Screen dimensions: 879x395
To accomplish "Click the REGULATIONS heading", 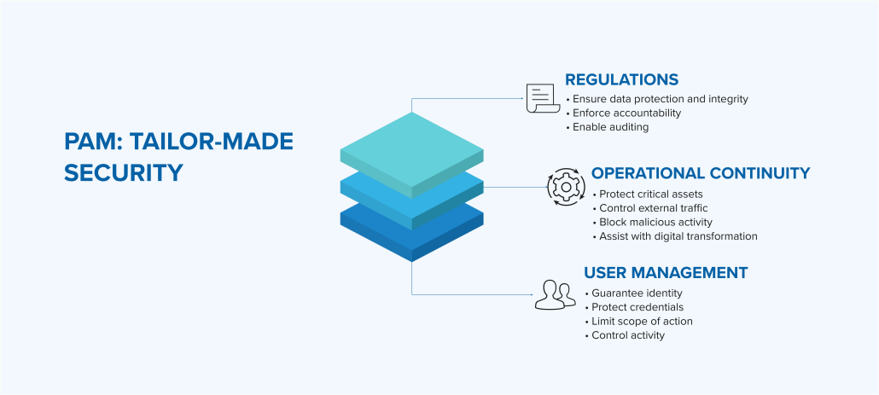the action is pyautogui.click(x=621, y=79).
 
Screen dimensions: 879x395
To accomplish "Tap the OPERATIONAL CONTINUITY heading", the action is pyautogui.click(x=701, y=173).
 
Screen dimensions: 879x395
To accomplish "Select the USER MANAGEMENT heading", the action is pyautogui.click(x=666, y=273).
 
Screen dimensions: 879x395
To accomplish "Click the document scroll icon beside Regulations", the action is pyautogui.click(x=543, y=99).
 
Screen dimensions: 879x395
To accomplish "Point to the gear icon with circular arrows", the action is pyautogui.click(x=566, y=187).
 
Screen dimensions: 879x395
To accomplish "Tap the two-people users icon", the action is pyautogui.click(x=555, y=294).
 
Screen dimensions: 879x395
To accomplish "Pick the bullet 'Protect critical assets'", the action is pyautogui.click(x=648, y=195).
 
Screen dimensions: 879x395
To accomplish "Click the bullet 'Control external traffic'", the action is pyautogui.click(x=650, y=208).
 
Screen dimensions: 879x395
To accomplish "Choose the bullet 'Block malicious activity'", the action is pyautogui.click(x=653, y=223).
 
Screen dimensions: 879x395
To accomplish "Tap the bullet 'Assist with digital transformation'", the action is pyautogui.click(x=675, y=236).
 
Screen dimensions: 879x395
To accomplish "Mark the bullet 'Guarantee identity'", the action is pyautogui.click(x=633, y=293).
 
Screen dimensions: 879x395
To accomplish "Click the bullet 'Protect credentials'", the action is pyautogui.click(x=634, y=307).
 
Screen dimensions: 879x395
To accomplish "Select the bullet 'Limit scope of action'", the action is pyautogui.click(x=638, y=322).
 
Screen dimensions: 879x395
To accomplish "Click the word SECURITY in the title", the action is pyautogui.click(x=124, y=172).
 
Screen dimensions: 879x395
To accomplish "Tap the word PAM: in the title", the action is pyautogui.click(x=93, y=142).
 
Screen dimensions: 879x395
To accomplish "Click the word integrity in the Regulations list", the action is pyautogui.click(x=728, y=100).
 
